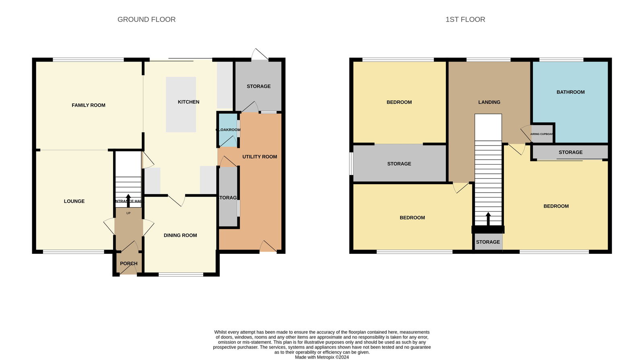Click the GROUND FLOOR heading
146,19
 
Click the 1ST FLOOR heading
465,19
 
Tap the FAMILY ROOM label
89,105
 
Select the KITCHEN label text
188,102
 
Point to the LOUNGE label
74,201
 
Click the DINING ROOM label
180,235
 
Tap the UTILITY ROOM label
260,156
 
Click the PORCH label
128,263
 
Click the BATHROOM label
570,92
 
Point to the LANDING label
489,102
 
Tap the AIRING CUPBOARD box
542,134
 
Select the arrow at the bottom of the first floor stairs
488,218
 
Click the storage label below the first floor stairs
488,242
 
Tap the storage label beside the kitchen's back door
258,86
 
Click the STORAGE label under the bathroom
570,152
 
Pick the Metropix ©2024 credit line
322,357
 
